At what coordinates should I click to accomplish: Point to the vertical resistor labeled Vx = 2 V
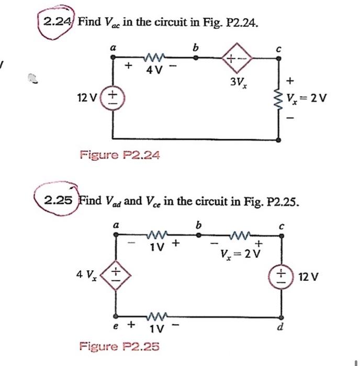(x=277, y=98)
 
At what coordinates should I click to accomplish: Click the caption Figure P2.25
(x=119, y=346)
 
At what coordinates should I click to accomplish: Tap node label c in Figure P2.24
(x=278, y=49)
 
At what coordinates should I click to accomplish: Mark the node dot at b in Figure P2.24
(x=196, y=59)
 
